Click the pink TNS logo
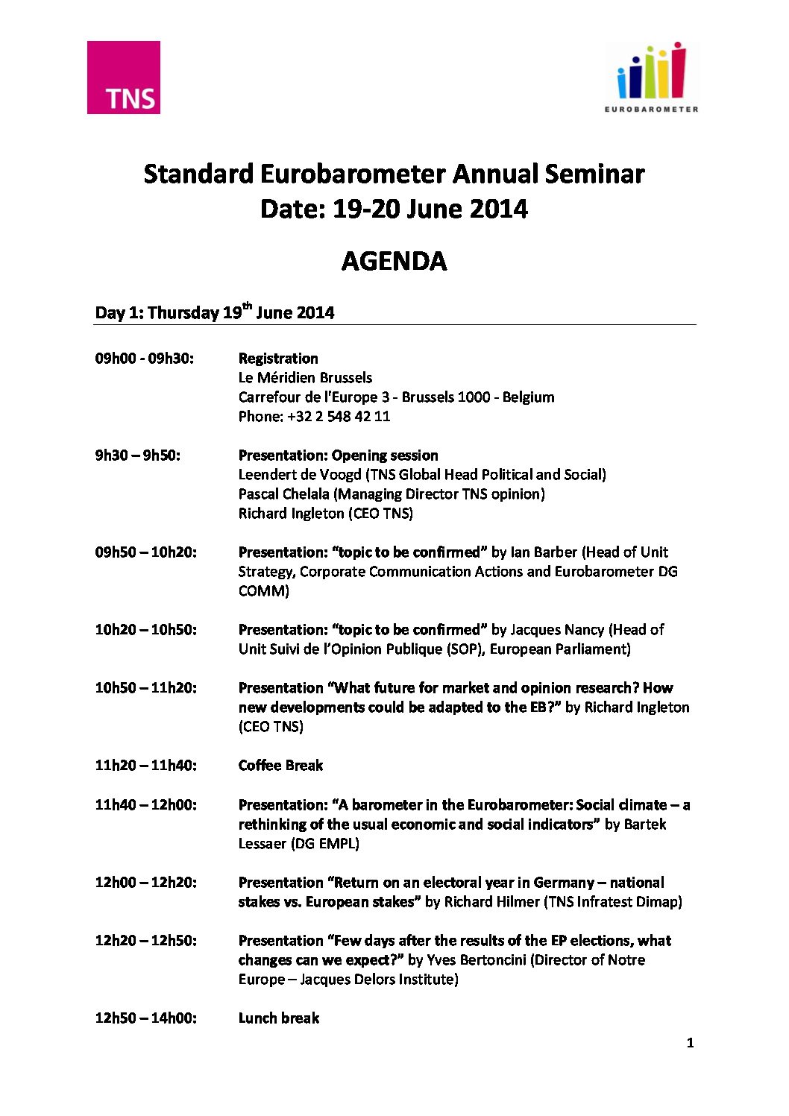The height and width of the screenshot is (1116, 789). [124, 78]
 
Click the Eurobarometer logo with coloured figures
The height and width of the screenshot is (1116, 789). [652, 77]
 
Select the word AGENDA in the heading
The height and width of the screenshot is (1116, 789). [394, 261]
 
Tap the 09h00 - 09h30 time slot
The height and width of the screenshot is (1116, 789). [144, 359]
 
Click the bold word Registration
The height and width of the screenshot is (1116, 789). [278, 359]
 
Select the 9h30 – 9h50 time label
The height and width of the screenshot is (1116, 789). [137, 455]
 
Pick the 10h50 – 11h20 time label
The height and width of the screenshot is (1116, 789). [145, 688]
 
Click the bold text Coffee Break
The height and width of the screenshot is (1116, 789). [280, 766]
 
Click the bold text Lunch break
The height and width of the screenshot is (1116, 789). [278, 1018]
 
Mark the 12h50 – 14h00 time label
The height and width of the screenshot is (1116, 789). [145, 1018]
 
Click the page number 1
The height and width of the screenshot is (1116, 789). [690, 1043]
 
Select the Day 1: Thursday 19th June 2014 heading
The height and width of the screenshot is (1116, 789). [215, 312]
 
